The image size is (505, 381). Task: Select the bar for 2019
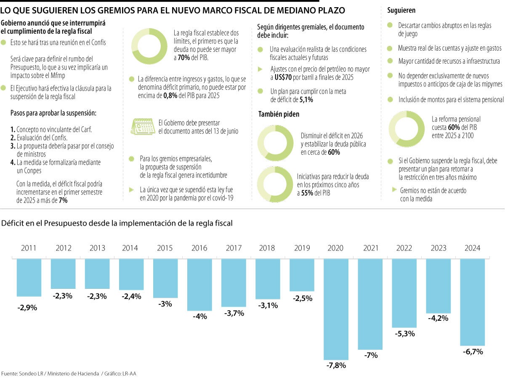(x=301, y=274)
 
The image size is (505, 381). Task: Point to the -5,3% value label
(x=404, y=333)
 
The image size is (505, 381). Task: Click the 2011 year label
(x=29, y=248)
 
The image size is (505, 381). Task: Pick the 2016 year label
(x=199, y=248)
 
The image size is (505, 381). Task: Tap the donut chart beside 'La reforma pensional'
(x=406, y=129)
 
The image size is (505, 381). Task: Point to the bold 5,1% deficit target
(x=306, y=99)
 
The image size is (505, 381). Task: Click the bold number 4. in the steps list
(x=13, y=162)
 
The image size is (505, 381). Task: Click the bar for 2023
(x=438, y=286)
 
